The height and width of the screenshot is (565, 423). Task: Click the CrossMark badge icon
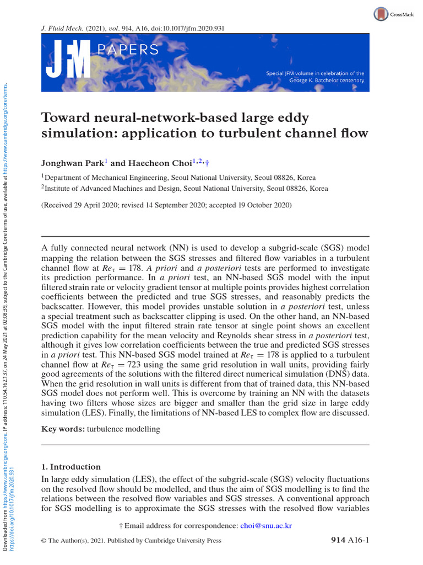tap(381, 14)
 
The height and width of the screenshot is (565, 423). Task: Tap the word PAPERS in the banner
tap(128, 50)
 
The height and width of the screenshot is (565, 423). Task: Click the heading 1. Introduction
tap(71, 467)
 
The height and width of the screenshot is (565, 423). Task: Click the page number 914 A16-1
tap(349, 541)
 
